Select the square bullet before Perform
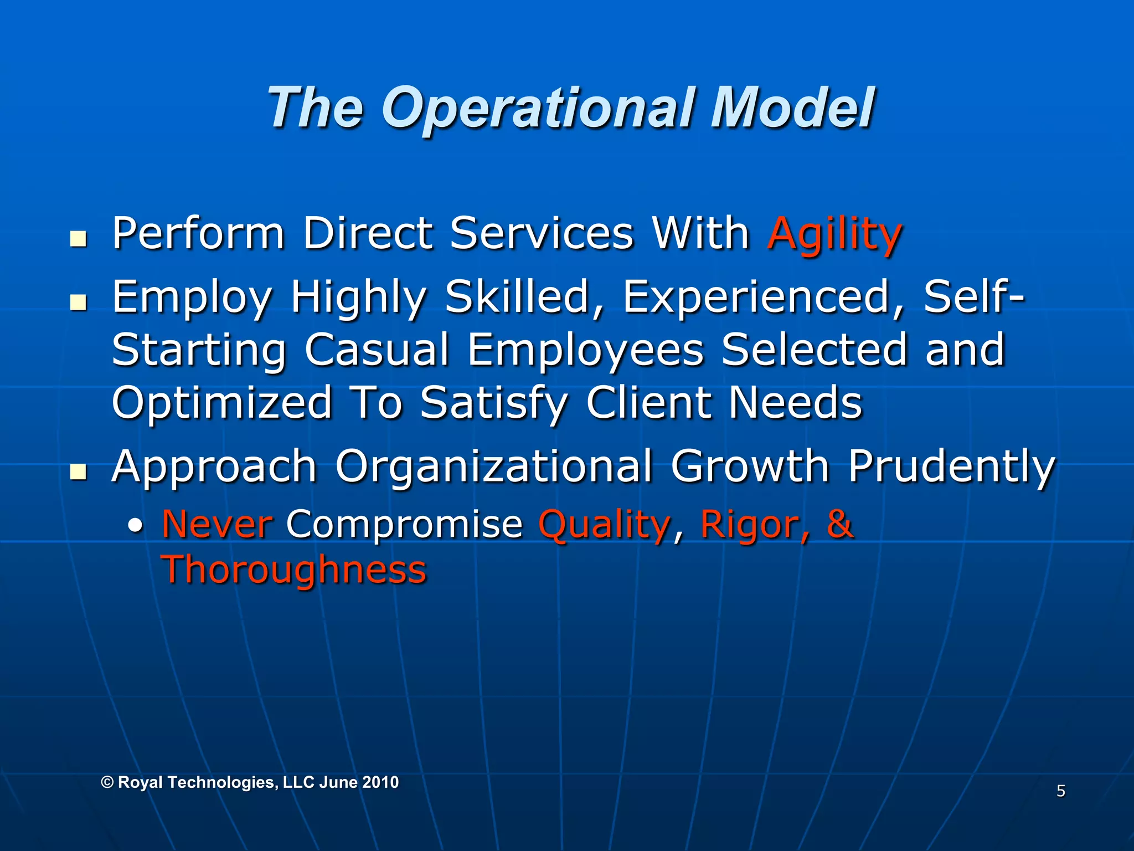[x=79, y=239]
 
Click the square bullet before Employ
[x=79, y=303]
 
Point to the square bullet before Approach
[x=79, y=472]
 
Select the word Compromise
[x=404, y=525]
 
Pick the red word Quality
[x=605, y=525]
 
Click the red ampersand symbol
[x=839, y=524]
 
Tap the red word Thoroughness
[x=294, y=571]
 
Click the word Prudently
[x=951, y=466]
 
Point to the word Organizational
[x=493, y=466]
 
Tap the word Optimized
[x=221, y=403]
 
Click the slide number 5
[x=1060, y=791]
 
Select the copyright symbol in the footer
[x=108, y=782]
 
